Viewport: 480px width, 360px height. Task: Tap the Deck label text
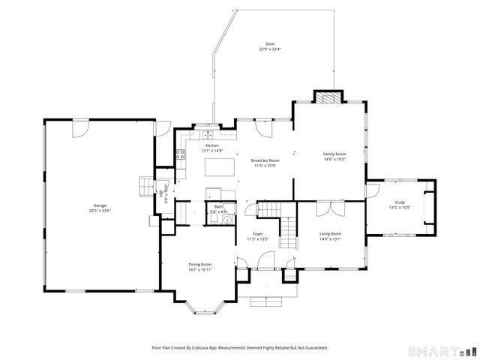click(269, 44)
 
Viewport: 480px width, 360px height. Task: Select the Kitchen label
click(212, 145)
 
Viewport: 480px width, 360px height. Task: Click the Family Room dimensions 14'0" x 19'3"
click(334, 158)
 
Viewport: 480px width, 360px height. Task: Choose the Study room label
click(399, 202)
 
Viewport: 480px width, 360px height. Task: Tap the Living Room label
click(331, 233)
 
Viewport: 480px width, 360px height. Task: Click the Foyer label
click(257, 234)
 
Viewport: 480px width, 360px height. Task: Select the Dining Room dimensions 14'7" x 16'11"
click(200, 269)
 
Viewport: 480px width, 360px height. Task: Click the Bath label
click(218, 206)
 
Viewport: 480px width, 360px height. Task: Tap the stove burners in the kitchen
click(180, 154)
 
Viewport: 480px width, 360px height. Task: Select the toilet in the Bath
click(226, 212)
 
